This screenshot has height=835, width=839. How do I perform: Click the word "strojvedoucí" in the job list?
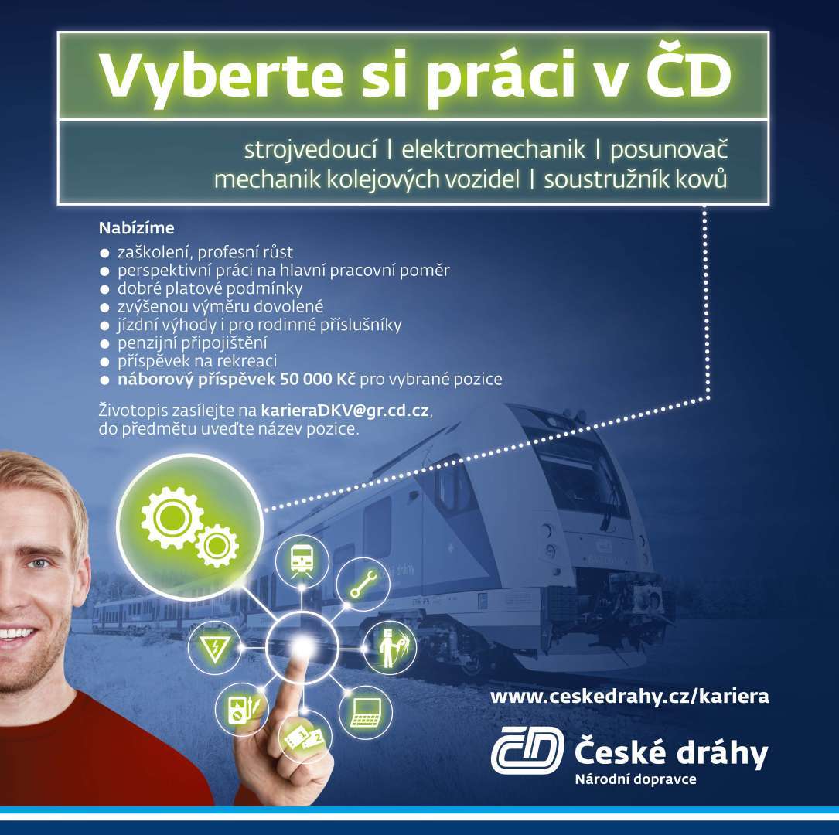pos(310,150)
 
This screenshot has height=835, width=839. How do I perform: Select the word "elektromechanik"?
pos(493,150)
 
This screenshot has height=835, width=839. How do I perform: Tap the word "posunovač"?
pos(669,150)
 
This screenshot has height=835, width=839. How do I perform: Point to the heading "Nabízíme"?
pos(136,228)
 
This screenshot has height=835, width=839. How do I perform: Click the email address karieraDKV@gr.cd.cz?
pos(345,411)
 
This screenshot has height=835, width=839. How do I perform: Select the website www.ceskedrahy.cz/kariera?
pos(629,697)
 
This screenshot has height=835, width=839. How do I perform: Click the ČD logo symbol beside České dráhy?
pos(527,750)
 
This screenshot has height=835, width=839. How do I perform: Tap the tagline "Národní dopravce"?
pos(636,779)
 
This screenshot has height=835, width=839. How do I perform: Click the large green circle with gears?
pos(189,527)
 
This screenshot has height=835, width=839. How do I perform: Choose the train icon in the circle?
pos(302,561)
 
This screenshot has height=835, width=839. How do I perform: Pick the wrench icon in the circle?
pos(363,584)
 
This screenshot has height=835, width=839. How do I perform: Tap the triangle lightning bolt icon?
pos(214,648)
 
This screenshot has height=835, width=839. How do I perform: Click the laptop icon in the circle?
pos(366,713)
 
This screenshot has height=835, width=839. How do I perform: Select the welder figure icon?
pos(390,648)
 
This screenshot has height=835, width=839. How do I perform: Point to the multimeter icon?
pos(242,709)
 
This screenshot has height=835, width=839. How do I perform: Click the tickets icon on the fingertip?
pos(305,738)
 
